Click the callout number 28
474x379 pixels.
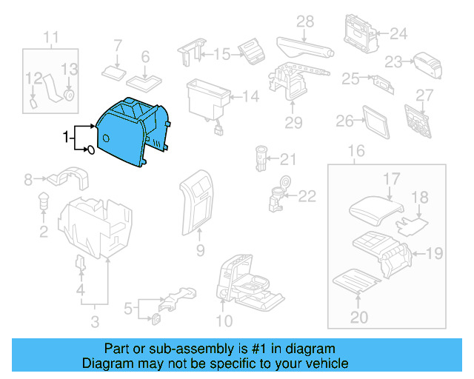point(306,23)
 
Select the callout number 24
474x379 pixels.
point(398,33)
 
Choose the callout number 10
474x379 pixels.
point(224,321)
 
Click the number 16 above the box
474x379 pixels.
point(356,152)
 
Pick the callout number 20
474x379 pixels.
point(358,317)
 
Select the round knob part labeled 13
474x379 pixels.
point(69,94)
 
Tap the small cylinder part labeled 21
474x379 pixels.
point(261,158)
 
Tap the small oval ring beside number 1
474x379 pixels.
point(90,151)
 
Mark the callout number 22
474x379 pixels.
point(307,196)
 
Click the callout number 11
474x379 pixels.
point(50,37)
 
